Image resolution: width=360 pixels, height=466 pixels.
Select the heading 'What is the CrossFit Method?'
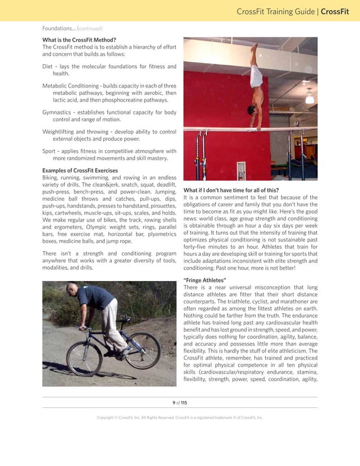click(x=79, y=39)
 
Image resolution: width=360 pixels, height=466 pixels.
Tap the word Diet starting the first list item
click(x=47, y=66)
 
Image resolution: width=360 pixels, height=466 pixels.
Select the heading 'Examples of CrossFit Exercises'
click(x=80, y=170)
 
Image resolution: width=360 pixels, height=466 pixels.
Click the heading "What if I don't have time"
click(x=231, y=190)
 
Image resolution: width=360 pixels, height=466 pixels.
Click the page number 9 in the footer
click(x=174, y=402)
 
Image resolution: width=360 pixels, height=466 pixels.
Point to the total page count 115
click(x=184, y=402)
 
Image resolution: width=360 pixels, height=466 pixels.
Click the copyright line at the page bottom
click(x=179, y=417)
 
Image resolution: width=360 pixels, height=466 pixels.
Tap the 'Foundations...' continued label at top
click(x=72, y=28)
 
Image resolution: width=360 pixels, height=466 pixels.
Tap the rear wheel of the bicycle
click(x=84, y=358)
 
